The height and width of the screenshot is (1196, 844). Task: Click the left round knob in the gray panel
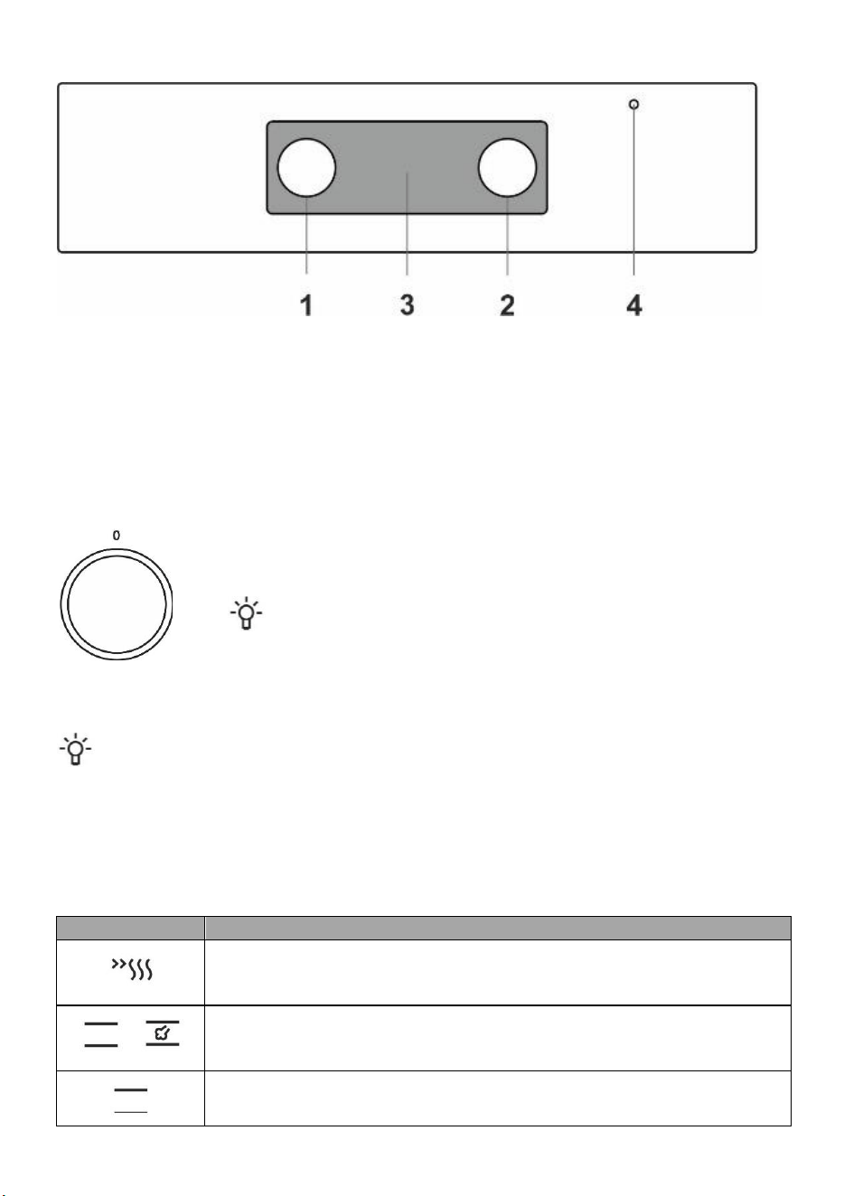point(306,168)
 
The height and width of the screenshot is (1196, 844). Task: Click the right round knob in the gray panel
point(508,168)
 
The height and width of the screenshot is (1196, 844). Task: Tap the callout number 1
point(306,305)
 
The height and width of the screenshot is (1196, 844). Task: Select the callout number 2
point(507,305)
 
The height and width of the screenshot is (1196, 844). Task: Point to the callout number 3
point(407,305)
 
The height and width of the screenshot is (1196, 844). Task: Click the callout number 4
point(634,305)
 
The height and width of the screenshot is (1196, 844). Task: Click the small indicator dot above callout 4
point(634,104)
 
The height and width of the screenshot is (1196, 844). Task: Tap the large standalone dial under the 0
point(117,604)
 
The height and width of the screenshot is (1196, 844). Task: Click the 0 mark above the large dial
point(117,535)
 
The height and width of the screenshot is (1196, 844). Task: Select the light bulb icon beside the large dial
point(247,613)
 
